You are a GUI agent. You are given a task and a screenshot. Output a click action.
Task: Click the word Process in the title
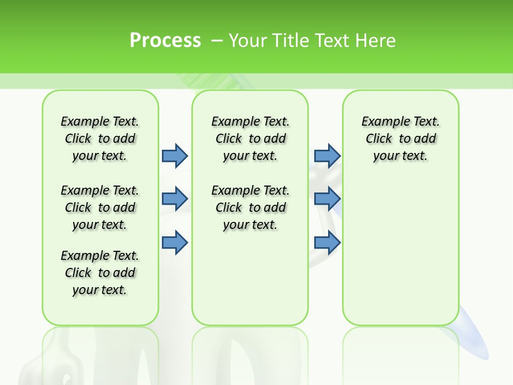click(x=165, y=41)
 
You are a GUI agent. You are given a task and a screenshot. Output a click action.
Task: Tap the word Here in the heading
click(x=376, y=41)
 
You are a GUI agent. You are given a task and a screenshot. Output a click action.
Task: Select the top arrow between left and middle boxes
click(x=175, y=156)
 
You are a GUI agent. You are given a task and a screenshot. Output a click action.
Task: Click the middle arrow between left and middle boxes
click(x=175, y=199)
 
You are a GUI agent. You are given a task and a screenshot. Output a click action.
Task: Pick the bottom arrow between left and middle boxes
click(x=175, y=242)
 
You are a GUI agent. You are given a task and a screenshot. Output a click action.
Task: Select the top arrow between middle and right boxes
click(x=327, y=156)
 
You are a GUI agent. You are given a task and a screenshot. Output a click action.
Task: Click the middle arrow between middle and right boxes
click(x=327, y=199)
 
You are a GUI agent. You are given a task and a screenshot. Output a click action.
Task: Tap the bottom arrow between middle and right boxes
click(x=327, y=242)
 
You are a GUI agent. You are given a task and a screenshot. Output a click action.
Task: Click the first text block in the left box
click(x=100, y=138)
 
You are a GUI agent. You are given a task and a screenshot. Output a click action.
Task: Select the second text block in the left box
click(x=100, y=207)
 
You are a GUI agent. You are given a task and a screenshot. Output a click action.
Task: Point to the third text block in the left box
click(x=100, y=273)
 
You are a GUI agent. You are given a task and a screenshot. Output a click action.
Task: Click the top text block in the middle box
click(x=250, y=138)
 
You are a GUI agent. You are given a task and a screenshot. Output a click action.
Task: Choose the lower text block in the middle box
click(x=250, y=207)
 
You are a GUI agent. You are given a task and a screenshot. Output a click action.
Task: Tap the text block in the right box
click(x=400, y=138)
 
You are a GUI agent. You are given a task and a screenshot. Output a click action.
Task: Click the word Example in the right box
click(x=381, y=121)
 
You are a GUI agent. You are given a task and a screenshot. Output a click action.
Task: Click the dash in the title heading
click(x=217, y=41)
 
